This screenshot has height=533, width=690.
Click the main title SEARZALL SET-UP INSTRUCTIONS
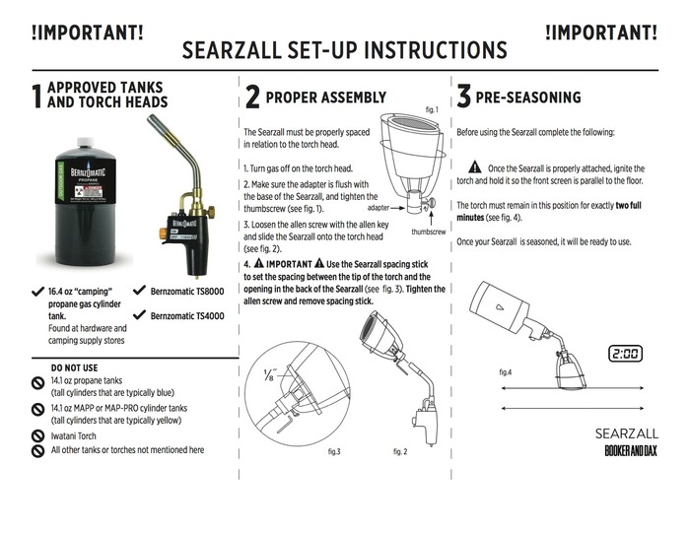(345, 49)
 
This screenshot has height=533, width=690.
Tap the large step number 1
(36, 96)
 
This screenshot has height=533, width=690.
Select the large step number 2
(252, 97)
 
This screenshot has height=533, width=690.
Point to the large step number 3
(463, 97)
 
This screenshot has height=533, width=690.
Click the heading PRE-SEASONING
(528, 98)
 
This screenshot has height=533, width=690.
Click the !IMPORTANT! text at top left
(87, 32)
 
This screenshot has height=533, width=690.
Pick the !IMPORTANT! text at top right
(601, 32)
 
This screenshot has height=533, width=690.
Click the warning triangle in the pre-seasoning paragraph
(474, 167)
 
